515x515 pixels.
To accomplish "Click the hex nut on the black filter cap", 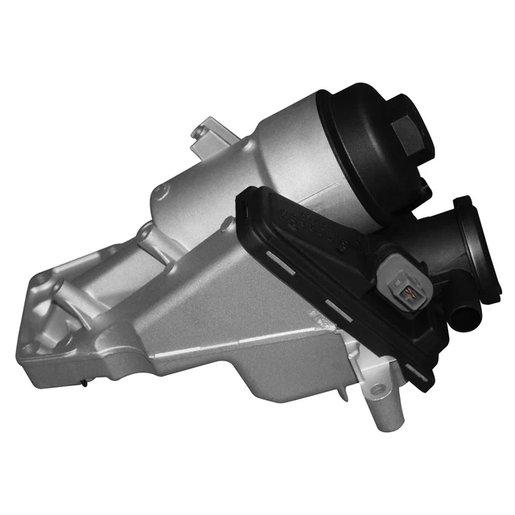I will [x=405, y=119].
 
